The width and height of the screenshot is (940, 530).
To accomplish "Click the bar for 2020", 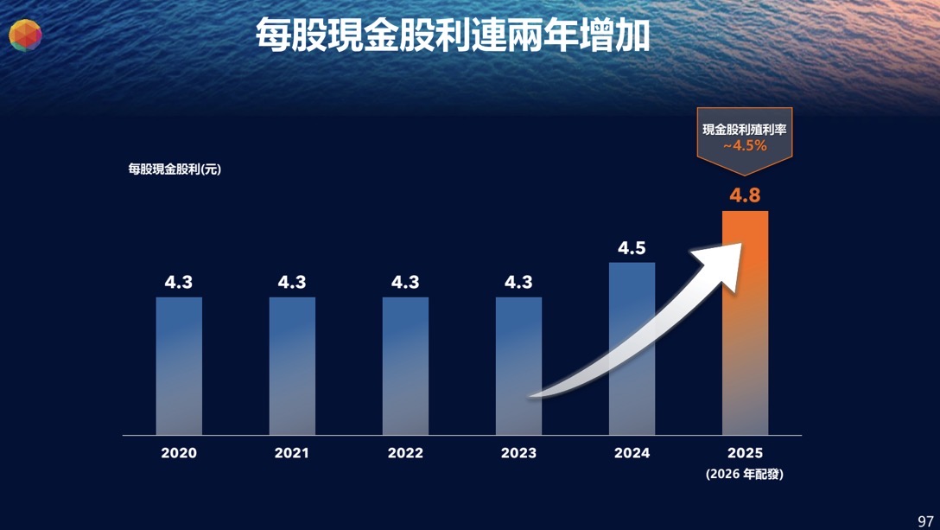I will [x=179, y=366].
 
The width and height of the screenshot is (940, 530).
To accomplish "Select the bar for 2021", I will [x=292, y=366].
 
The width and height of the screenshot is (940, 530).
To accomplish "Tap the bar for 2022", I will [x=405, y=366].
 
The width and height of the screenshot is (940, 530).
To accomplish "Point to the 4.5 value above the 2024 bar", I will [x=632, y=248].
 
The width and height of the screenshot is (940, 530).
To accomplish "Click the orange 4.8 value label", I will [x=745, y=195].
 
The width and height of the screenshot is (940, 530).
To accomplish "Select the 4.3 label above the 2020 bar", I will [x=179, y=282].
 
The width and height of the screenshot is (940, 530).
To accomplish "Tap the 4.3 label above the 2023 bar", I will [x=518, y=282].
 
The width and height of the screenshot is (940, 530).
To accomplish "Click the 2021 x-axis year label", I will [x=292, y=453].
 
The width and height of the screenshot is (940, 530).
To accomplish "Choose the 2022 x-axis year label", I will [x=405, y=453].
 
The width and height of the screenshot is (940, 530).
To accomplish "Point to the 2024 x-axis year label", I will [x=632, y=453].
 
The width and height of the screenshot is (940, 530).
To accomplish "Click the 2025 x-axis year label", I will [x=745, y=453].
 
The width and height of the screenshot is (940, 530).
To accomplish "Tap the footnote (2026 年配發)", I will [x=745, y=474].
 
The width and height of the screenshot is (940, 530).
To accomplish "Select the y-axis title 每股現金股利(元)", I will [x=175, y=169].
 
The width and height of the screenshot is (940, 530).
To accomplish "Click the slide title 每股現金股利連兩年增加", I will [x=453, y=36].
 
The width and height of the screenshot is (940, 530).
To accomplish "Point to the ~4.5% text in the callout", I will [x=745, y=146].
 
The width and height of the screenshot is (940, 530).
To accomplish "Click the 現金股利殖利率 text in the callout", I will [x=745, y=130].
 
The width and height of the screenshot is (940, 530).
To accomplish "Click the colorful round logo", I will [x=25, y=35].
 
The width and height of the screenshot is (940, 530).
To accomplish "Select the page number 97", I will [x=925, y=520].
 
